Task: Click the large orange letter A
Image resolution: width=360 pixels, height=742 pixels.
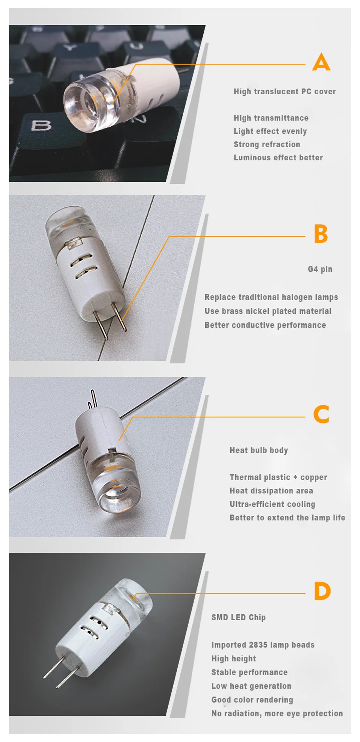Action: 321,62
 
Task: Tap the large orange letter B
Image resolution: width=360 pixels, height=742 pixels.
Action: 321,234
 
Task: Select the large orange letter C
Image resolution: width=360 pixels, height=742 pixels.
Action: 321,414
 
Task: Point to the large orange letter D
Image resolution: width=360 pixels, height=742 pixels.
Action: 322,591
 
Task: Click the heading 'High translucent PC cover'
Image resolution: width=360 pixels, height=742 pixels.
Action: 285,92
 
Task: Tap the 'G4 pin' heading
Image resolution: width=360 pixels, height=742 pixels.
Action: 320,269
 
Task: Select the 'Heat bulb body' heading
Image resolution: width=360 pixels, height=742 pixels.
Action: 259,450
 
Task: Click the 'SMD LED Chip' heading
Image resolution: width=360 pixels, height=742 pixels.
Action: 239,617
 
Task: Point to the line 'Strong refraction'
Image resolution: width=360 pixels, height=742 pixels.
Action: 267,144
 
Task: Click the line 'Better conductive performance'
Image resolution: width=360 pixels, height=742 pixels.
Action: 265,325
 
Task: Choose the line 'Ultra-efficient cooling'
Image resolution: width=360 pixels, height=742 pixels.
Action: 272,504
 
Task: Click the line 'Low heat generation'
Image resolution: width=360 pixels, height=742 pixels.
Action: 251,686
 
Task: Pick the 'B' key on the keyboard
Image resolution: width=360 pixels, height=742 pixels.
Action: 41,125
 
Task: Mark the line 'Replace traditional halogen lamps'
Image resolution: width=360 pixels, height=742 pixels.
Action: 271,297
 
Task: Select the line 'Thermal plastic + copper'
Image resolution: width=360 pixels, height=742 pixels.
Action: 278,477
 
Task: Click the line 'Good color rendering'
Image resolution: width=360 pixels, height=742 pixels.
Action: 252,700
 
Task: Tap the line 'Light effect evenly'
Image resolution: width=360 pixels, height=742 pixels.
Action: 271,131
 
